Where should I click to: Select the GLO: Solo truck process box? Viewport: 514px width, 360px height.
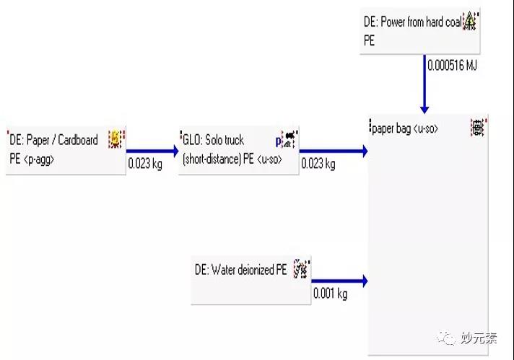238,150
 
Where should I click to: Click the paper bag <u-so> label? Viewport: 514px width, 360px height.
404,129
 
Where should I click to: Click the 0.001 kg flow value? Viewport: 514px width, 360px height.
330,294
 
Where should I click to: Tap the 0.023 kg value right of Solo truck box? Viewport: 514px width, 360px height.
318,164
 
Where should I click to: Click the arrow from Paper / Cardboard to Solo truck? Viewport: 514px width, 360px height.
152,151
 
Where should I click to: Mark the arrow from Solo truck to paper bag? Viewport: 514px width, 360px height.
334,151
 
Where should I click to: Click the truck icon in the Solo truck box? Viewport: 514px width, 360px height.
289,137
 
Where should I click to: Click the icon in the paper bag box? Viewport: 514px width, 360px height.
478,128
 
